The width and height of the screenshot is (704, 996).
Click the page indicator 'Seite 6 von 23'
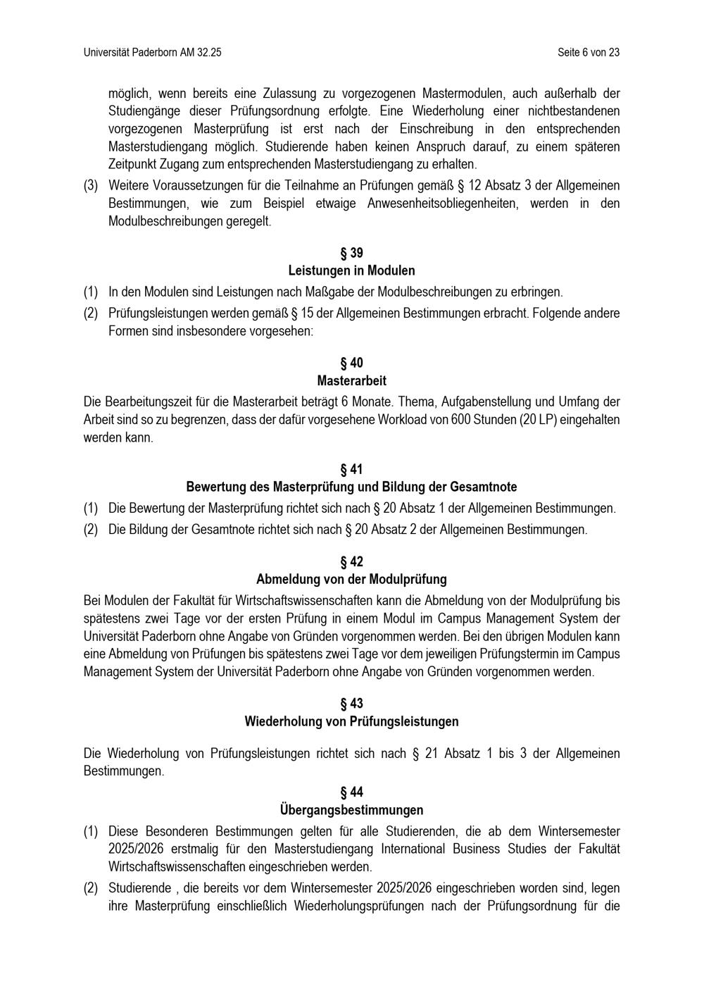(x=588, y=53)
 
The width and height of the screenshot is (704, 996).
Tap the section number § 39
(x=351, y=253)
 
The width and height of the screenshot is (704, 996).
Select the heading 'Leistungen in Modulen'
(x=351, y=270)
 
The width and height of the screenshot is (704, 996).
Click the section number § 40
(x=351, y=363)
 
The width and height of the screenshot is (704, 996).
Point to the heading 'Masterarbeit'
(x=351, y=381)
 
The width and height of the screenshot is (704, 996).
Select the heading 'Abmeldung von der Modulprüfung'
(x=351, y=580)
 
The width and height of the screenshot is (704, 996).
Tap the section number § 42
(x=351, y=562)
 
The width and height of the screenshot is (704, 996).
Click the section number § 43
(x=351, y=704)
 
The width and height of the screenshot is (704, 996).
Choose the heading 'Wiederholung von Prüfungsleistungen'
(x=351, y=722)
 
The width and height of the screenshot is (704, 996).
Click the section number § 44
(x=351, y=792)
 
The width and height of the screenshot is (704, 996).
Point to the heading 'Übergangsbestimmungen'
(x=351, y=810)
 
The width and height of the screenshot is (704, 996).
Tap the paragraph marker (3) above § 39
(x=91, y=186)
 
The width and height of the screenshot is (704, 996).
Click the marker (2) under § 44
(x=91, y=888)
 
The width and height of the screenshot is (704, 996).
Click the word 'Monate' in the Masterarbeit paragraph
(x=374, y=402)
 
